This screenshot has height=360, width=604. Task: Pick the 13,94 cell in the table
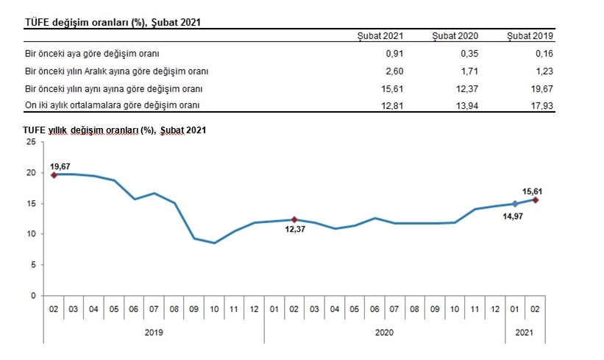tap(467, 105)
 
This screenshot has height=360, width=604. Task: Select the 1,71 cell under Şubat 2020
tap(469, 71)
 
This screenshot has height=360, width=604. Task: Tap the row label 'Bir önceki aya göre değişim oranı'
tap(92, 54)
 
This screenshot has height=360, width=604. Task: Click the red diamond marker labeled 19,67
tap(54, 174)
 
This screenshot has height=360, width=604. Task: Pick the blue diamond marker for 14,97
tap(515, 204)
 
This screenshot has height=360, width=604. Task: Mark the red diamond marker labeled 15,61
tap(535, 200)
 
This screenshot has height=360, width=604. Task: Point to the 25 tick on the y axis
tap(30, 142)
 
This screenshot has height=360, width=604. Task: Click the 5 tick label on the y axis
tap(32, 265)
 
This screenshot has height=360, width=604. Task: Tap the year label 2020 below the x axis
tap(383, 333)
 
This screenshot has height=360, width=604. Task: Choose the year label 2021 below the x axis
tap(525, 333)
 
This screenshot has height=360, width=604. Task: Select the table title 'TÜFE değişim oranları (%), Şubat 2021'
tap(113, 23)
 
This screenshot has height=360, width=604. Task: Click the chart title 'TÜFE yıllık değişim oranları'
tap(114, 130)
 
